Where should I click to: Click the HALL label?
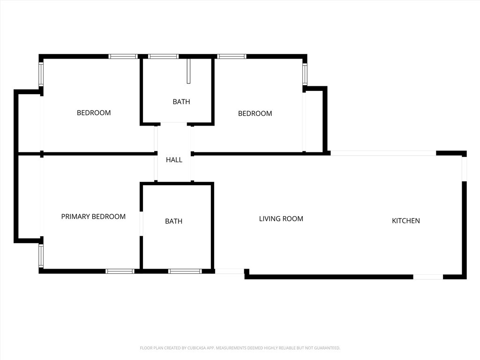pyautogui.click(x=174, y=160)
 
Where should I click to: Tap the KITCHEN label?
pyautogui.click(x=406, y=221)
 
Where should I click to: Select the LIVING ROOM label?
pyautogui.click(x=281, y=219)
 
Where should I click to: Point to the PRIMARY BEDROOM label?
pyautogui.click(x=93, y=217)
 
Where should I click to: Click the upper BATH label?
pyautogui.click(x=181, y=102)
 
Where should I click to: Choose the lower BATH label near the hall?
pyautogui.click(x=173, y=221)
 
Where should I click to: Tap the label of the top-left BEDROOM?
pyautogui.click(x=94, y=113)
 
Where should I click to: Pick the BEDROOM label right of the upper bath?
pyautogui.click(x=255, y=113)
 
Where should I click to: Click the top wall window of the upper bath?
pyautogui.click(x=164, y=57)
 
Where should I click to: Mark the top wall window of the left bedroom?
pyautogui.click(x=123, y=57)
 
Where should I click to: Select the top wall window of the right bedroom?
pyautogui.click(x=232, y=57)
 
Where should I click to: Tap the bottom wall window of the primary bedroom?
pyautogui.click(x=120, y=271)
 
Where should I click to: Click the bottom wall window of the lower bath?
pyautogui.click(x=185, y=271)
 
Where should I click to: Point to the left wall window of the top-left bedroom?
pyautogui.click(x=41, y=74)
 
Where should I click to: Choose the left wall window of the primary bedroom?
pyautogui.click(x=41, y=256)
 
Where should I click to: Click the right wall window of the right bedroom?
pyautogui.click(x=305, y=74)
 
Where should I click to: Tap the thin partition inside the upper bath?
pyautogui.click(x=188, y=71)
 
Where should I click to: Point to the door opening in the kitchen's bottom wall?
pyautogui.click(x=428, y=277)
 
